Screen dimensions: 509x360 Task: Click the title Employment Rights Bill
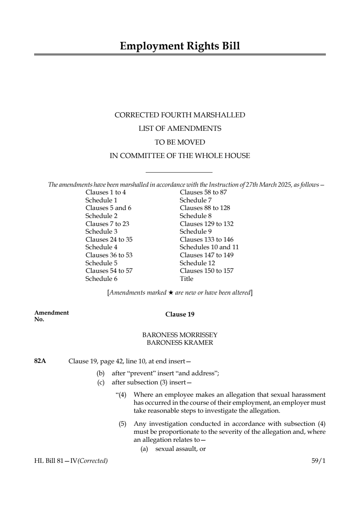coord(180,46)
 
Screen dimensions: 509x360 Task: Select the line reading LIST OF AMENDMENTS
coord(180,129)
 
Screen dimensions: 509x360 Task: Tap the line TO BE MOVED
coord(180,142)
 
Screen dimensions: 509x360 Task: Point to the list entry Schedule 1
coord(101,200)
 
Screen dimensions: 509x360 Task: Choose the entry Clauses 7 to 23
coord(107,224)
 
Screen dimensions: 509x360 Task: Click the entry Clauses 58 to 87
coord(203,192)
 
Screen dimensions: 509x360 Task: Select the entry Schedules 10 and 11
coord(209,247)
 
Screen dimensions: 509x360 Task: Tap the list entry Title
coord(186,279)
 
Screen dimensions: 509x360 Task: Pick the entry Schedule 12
coord(197,263)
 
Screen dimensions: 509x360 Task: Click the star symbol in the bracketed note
coord(171,293)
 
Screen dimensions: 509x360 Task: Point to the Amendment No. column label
coord(51,316)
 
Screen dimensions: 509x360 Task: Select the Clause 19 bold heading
coord(180,315)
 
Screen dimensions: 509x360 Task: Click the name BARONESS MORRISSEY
coord(180,335)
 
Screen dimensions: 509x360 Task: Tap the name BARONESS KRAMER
coord(180,343)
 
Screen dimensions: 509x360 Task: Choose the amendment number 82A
coord(40,361)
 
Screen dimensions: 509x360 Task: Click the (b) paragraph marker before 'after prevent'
coord(100,373)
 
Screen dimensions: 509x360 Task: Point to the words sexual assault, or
coord(180,449)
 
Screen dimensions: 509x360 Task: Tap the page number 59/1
coord(318,461)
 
